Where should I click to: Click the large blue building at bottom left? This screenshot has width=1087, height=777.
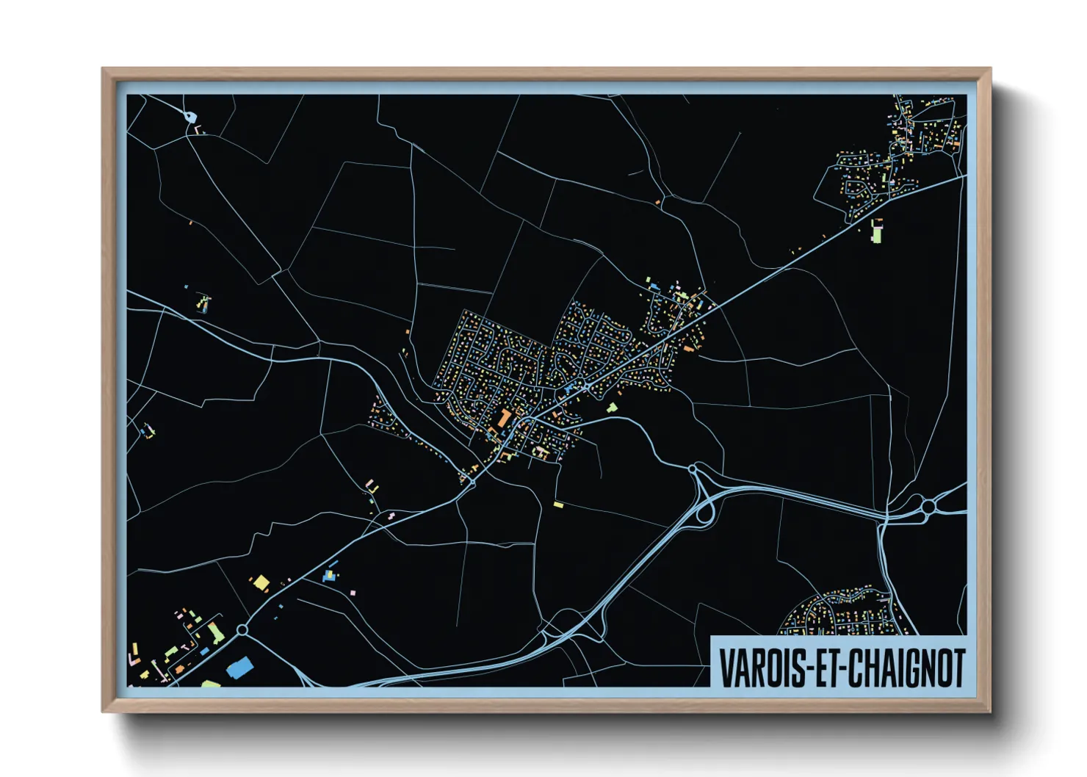(x=239, y=668)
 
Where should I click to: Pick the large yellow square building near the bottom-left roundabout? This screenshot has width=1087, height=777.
(x=261, y=583)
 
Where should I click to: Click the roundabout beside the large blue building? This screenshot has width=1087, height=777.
(x=242, y=629)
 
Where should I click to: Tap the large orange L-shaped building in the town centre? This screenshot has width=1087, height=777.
(x=505, y=419)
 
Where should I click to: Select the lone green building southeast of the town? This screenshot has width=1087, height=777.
(x=612, y=407)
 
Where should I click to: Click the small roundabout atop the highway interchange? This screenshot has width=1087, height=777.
(x=692, y=468)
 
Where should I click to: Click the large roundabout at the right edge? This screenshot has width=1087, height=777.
(x=928, y=506)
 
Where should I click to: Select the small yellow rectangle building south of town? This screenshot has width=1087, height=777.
(x=558, y=505)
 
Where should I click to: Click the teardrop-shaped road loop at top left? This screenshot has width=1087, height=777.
(x=190, y=116)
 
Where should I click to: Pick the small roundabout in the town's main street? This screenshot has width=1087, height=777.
(x=588, y=385)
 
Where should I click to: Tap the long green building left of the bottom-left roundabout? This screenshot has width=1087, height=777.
(x=215, y=632)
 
